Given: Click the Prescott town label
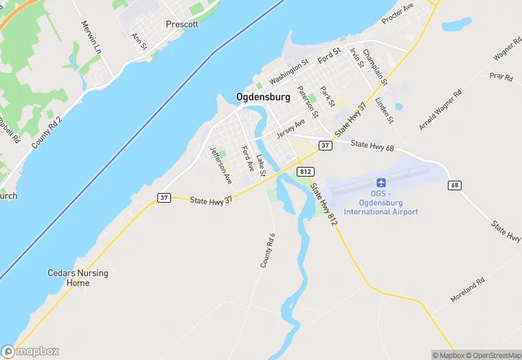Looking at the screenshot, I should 182,24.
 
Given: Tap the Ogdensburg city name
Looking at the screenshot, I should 263,98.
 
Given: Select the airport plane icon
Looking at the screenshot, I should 381,183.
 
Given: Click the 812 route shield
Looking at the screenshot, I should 306,170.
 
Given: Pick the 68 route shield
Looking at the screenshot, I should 455,185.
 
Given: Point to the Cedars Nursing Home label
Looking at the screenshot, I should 78,278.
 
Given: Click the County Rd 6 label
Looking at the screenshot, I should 268,250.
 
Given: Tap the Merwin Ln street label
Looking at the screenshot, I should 91,38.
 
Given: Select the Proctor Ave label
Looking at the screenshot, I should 398,12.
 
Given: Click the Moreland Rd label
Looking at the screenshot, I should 468,291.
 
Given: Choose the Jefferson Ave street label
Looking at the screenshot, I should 220,165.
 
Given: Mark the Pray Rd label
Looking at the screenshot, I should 501,77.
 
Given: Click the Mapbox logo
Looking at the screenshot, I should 30,351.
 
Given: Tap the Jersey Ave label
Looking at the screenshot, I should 291,129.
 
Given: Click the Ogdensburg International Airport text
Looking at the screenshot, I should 381,207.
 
